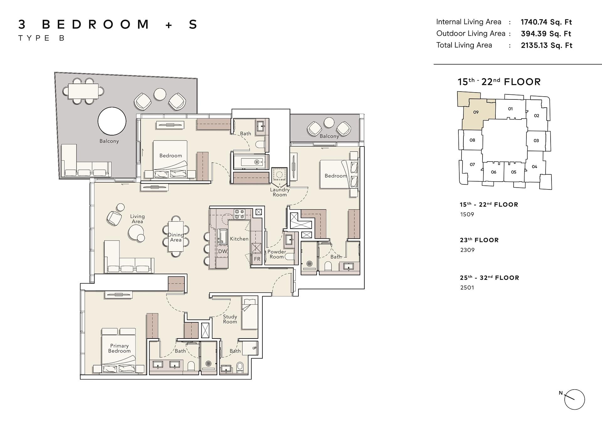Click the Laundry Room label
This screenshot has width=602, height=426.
(x=280, y=192)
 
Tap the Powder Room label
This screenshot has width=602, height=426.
(x=277, y=254)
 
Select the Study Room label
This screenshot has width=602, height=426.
(x=230, y=319)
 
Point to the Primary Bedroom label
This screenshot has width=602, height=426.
(x=119, y=348)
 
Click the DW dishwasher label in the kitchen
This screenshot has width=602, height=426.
(x=223, y=251)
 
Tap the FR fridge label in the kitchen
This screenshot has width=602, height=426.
(x=257, y=259)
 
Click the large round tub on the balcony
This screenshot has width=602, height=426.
(x=112, y=121)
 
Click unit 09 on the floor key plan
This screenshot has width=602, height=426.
(x=476, y=112)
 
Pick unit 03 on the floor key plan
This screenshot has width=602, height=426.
(x=536, y=141)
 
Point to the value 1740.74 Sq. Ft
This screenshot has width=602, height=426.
(x=546, y=22)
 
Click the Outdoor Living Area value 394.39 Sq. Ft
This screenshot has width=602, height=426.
(x=546, y=34)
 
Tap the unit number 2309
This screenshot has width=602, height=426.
(x=467, y=250)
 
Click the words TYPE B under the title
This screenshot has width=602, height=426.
(x=41, y=38)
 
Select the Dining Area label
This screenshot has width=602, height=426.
(x=176, y=237)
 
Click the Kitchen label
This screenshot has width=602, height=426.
(x=239, y=239)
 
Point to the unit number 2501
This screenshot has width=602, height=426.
(x=467, y=288)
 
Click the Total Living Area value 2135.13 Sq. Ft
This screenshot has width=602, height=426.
(x=547, y=45)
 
